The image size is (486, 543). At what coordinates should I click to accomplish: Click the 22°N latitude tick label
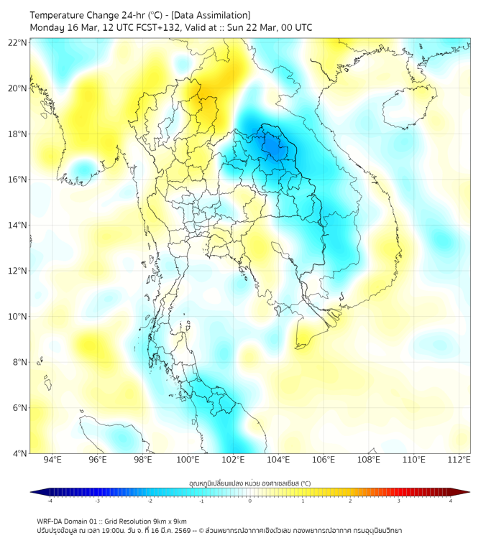[x=18, y=42]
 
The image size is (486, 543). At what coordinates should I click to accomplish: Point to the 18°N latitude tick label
[x=18, y=134]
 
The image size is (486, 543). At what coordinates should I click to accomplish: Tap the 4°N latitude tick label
[x=20, y=453]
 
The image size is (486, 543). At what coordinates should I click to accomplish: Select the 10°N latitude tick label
[x=18, y=316]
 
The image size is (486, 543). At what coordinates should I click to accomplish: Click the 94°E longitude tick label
[x=52, y=460]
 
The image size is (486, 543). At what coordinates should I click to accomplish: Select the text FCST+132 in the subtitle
[x=149, y=28]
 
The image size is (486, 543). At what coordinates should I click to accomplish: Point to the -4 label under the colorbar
[x=50, y=501]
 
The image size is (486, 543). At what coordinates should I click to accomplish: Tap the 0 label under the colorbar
[x=250, y=501]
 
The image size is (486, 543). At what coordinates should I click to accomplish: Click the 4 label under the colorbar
[x=451, y=501]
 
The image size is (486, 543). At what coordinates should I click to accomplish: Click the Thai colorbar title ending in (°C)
[x=250, y=483]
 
